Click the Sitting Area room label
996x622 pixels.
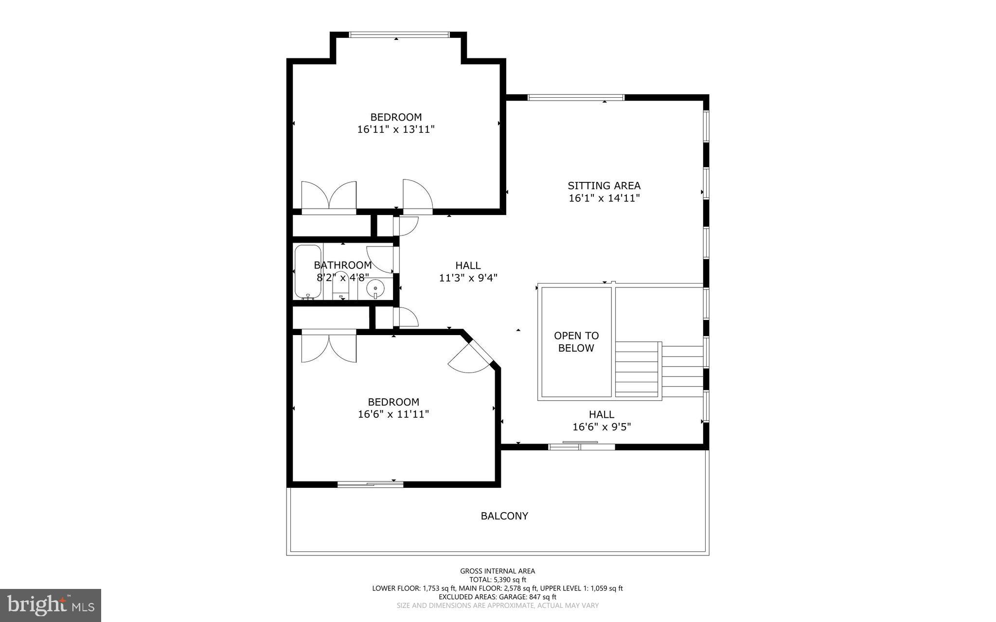click(604, 186)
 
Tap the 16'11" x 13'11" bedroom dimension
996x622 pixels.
click(395, 129)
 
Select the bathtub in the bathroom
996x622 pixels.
click(307, 272)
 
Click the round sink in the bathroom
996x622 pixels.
click(375, 289)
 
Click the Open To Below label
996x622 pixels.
click(576, 342)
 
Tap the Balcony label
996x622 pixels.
click(504, 516)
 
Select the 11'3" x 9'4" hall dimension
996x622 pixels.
click(468, 278)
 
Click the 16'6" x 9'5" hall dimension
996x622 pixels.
click(602, 427)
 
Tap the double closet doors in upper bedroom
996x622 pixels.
click(329, 197)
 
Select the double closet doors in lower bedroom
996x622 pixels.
click(329, 346)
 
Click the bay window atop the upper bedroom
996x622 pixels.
click(399, 35)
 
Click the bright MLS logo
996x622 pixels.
click(50, 605)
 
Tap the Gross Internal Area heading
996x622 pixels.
click(498, 571)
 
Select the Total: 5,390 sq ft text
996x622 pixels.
click(498, 580)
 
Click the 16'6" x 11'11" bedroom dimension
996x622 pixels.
click(393, 414)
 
